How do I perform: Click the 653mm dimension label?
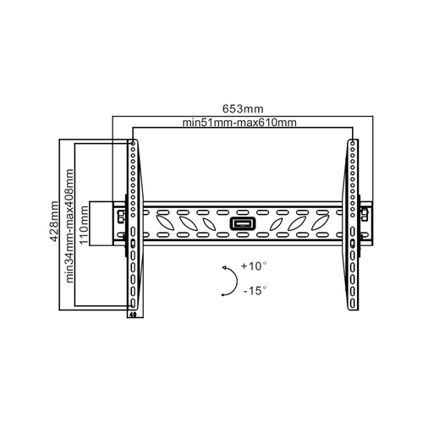(243, 109)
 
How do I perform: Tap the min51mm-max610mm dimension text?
(239, 123)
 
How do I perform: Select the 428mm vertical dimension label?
(54, 222)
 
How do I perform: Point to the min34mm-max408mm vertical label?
(69, 226)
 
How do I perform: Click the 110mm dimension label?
(84, 225)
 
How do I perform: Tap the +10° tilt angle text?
(254, 266)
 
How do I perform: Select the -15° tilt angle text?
(255, 290)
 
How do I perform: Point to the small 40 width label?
(133, 314)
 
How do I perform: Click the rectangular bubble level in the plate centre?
(243, 224)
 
